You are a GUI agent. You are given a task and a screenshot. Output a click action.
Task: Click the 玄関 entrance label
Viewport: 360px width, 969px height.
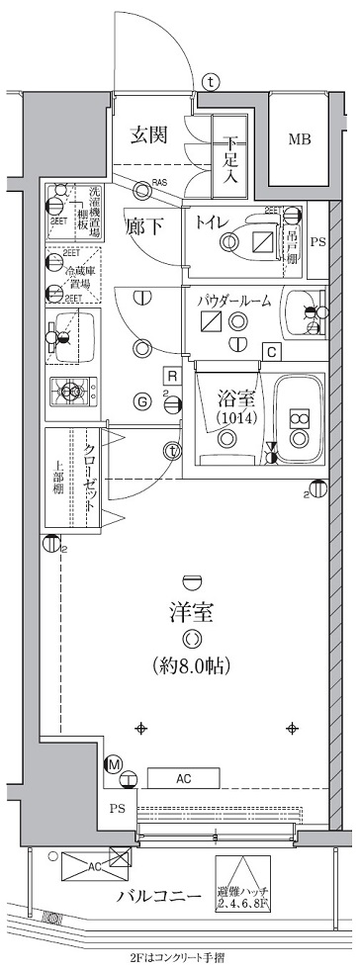click(x=152, y=136)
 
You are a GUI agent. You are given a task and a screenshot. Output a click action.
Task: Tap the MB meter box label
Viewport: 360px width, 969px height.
click(x=299, y=139)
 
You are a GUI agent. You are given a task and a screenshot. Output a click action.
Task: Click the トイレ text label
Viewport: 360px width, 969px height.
click(x=214, y=221)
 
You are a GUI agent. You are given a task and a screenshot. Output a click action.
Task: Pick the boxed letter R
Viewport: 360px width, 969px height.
click(x=172, y=376)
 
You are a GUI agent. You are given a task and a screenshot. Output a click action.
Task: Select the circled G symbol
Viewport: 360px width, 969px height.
click(x=142, y=400)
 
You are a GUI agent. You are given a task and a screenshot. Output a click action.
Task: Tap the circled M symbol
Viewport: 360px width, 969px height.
click(x=114, y=763)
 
